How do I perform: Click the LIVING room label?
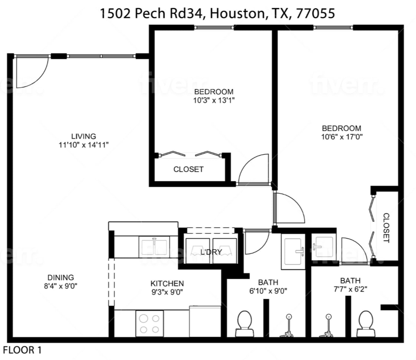click(x=83, y=136)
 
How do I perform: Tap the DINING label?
click(x=60, y=278)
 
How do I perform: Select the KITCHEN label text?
click(x=167, y=283)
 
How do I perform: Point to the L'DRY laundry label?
click(x=211, y=252)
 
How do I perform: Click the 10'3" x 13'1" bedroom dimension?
click(x=214, y=100)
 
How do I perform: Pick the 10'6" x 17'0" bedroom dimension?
click(x=342, y=137)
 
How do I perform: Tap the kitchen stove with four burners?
click(x=149, y=323)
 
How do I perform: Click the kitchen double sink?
click(x=154, y=247)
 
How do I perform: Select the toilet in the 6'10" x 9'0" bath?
click(x=244, y=323)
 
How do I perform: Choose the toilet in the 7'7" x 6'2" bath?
click(x=366, y=323)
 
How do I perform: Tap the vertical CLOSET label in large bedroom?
click(x=386, y=228)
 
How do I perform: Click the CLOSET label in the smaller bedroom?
click(x=188, y=169)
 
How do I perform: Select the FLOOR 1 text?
click(x=22, y=350)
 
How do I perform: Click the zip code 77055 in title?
click(x=315, y=13)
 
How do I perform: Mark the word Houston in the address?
click(x=237, y=13)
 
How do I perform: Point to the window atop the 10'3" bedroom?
click(x=214, y=27)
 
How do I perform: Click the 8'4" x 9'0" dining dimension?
click(x=60, y=286)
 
